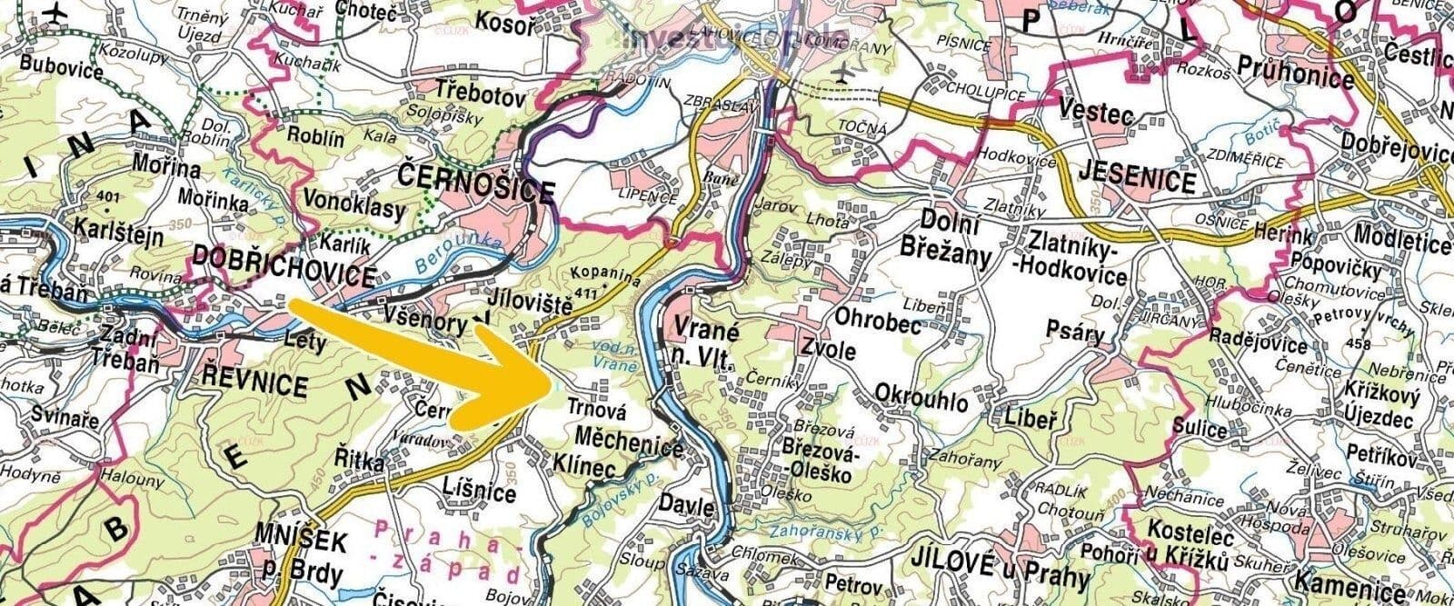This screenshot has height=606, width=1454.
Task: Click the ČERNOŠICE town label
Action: point(475,190)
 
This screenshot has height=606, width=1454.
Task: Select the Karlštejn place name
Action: point(119,237)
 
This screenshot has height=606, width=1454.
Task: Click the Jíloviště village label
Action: point(529,304)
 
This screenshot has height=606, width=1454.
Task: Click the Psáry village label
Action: point(1073,332)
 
